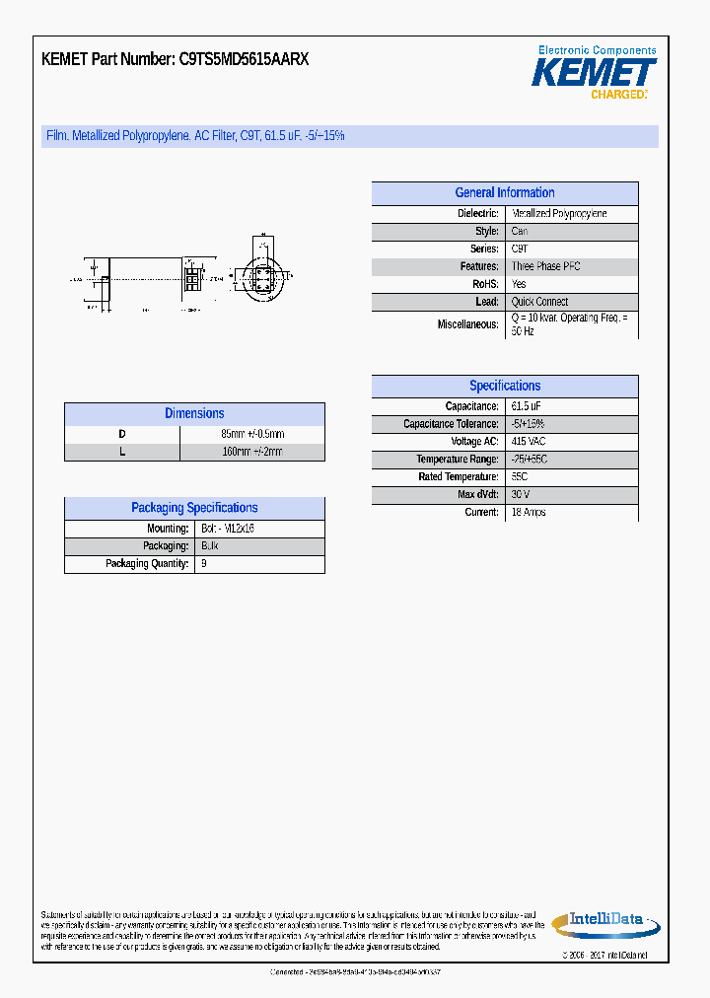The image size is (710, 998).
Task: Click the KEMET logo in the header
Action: click(594, 73)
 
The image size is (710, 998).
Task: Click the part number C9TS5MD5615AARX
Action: click(244, 59)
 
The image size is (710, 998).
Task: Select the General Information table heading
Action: click(504, 193)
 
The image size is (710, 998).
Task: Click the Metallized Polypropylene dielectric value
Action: click(559, 214)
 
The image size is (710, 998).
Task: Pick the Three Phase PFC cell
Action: click(545, 266)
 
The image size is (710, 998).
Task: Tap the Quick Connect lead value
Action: click(539, 302)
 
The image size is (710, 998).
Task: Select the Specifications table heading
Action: click(504, 387)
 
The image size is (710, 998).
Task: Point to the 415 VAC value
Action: click(529, 442)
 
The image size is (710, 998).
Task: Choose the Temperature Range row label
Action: click(457, 460)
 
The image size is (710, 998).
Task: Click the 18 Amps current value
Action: click(529, 513)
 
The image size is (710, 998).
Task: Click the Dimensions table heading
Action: click(194, 414)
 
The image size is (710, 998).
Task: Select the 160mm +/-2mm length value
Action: click(251, 452)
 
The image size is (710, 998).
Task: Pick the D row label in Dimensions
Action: click(122, 434)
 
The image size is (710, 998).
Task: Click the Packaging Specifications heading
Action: click(194, 508)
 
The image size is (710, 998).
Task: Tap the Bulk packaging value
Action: click(209, 546)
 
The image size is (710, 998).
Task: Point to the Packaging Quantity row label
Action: click(147, 564)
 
